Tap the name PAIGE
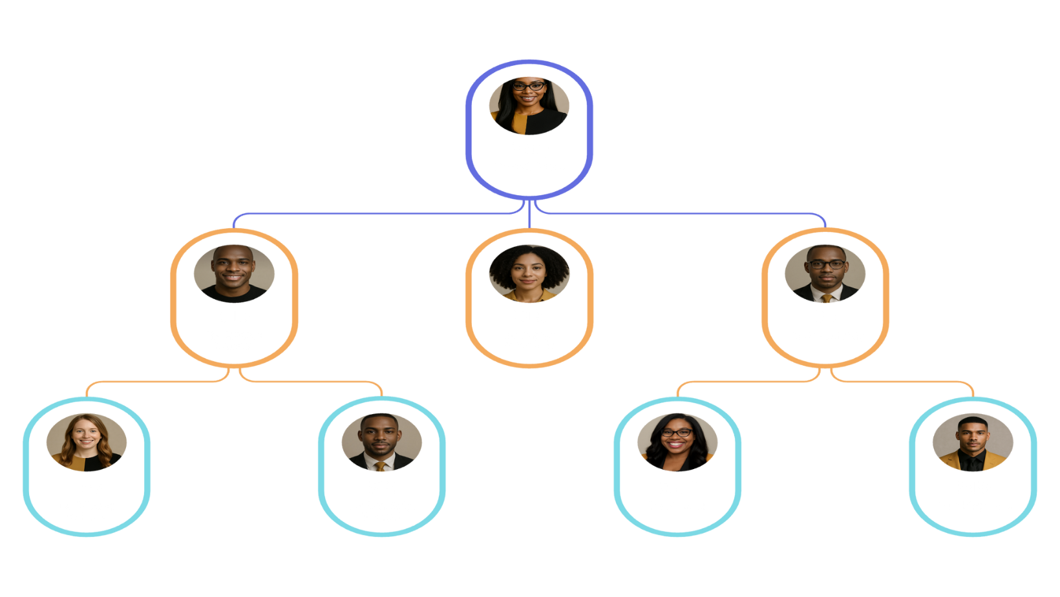tap(529, 317)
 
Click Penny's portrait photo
tap(529, 105)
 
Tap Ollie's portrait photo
tap(234, 273)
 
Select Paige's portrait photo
tap(529, 273)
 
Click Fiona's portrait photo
tap(87, 443)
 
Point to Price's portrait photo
tap(973, 443)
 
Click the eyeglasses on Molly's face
tap(677, 432)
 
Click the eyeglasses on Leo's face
tap(826, 264)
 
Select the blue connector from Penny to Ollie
tap(375, 213)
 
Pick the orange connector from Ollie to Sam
tap(310, 381)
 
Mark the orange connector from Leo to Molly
tap(743, 381)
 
